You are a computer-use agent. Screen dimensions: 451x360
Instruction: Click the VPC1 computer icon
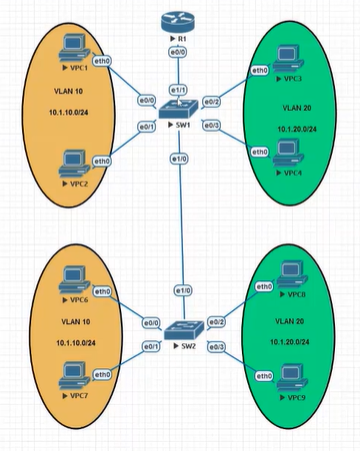point(73,45)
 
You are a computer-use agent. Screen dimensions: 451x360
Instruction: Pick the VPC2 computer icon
point(72,160)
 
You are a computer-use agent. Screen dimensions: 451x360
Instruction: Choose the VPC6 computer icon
point(72,277)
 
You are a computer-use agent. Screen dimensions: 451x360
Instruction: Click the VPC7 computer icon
point(72,375)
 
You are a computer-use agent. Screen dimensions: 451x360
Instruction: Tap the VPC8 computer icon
point(290,271)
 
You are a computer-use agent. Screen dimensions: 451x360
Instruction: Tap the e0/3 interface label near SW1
point(211,125)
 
